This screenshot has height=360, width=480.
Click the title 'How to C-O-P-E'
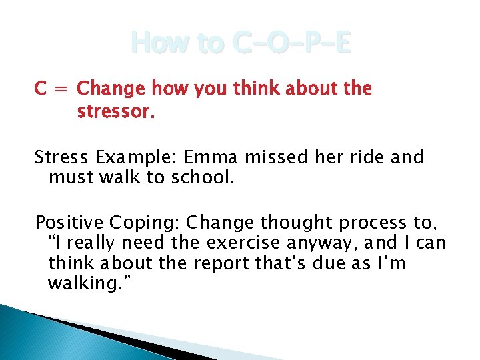click(240, 44)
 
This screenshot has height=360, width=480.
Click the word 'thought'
click(289, 222)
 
